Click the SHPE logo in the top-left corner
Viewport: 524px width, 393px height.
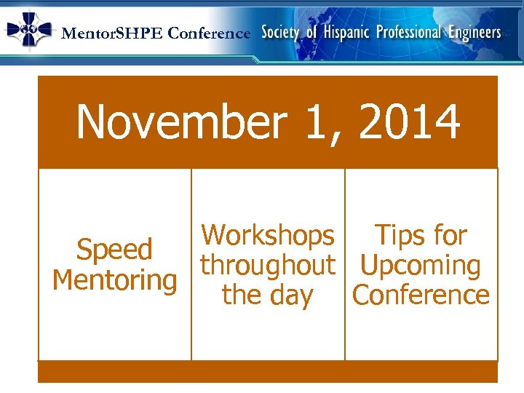(x=29, y=30)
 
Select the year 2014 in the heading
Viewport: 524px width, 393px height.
(x=410, y=122)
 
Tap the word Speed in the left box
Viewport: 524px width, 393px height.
(x=114, y=250)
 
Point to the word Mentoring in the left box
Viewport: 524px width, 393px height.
(x=115, y=280)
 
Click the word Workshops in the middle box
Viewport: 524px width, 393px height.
(x=268, y=235)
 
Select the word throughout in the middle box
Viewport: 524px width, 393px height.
(x=268, y=265)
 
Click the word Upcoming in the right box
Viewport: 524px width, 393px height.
(x=421, y=266)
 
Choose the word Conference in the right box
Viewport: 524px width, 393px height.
(x=421, y=295)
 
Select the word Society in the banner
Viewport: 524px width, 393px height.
(x=280, y=33)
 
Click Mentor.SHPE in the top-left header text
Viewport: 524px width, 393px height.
(x=113, y=33)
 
